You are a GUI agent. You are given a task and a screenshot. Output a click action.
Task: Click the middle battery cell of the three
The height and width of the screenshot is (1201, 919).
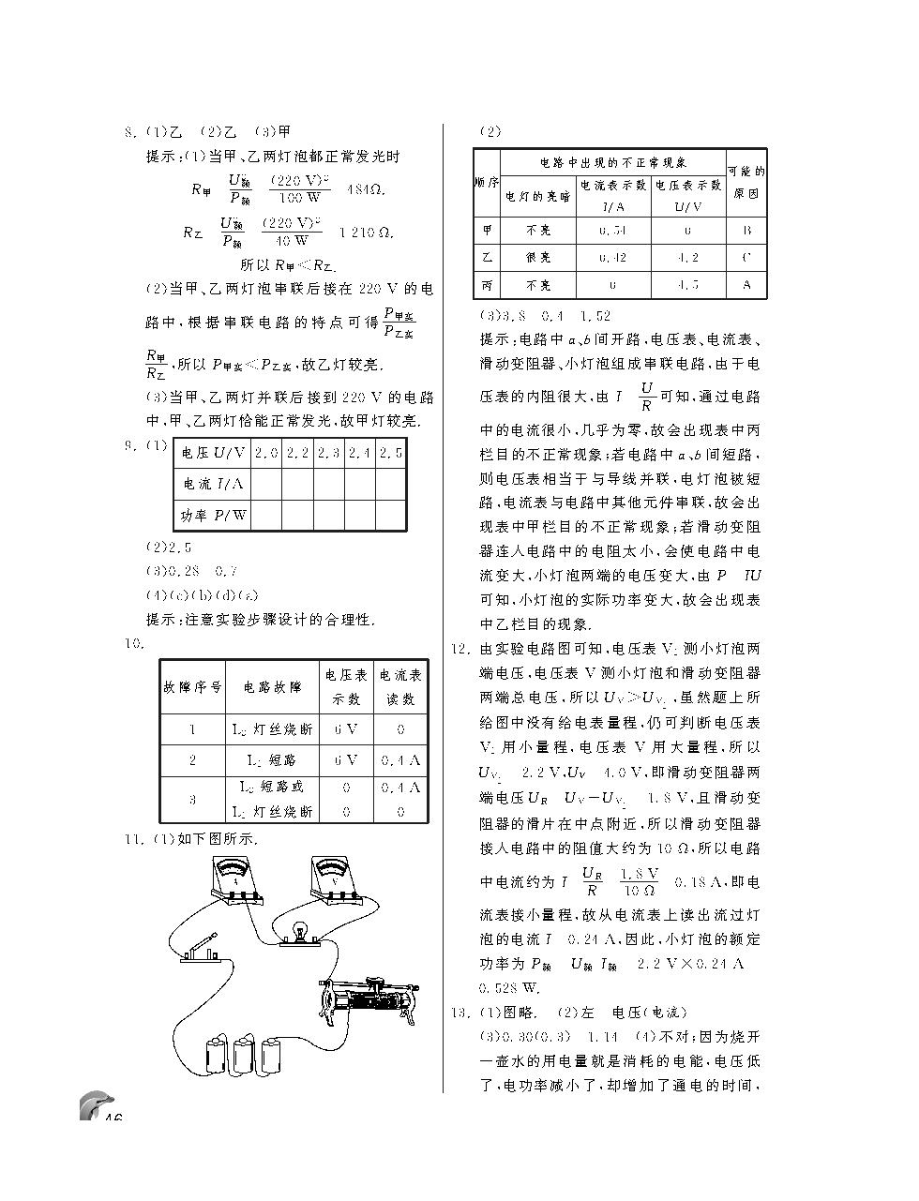(x=245, y=1054)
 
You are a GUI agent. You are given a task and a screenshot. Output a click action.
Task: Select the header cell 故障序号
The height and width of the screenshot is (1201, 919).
(x=192, y=686)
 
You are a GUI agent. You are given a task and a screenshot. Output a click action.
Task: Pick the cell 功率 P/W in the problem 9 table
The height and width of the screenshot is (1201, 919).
(x=214, y=515)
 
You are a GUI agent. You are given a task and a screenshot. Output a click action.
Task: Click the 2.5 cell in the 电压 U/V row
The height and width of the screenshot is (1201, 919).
(x=391, y=453)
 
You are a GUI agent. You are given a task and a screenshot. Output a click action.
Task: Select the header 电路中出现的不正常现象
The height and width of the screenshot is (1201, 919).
(x=613, y=162)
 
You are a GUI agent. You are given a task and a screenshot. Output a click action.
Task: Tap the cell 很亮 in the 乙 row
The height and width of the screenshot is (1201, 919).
(x=538, y=257)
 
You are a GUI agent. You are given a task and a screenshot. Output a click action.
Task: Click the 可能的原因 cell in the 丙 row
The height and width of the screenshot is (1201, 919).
(x=746, y=284)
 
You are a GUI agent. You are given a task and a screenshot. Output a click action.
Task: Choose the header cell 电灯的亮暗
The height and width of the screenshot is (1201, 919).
(x=538, y=196)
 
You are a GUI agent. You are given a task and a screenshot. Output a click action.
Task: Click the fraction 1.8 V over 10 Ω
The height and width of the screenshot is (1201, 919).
(x=639, y=881)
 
